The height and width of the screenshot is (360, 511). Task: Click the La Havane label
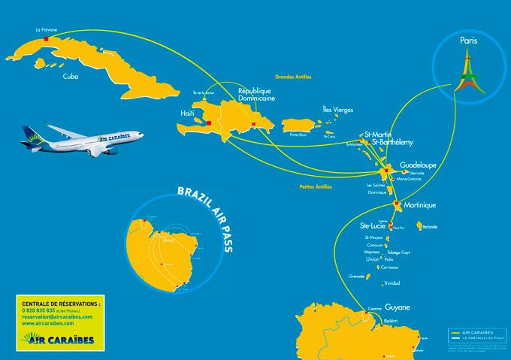pos(47,30)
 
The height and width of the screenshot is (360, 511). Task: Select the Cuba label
pos(72,76)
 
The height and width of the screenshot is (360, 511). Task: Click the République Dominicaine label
pos(256,93)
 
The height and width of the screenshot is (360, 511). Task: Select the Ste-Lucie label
pos(373,225)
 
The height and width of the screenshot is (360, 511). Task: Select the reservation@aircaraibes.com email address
pos(58,317)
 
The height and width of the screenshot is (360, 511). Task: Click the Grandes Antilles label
pos(293,76)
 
